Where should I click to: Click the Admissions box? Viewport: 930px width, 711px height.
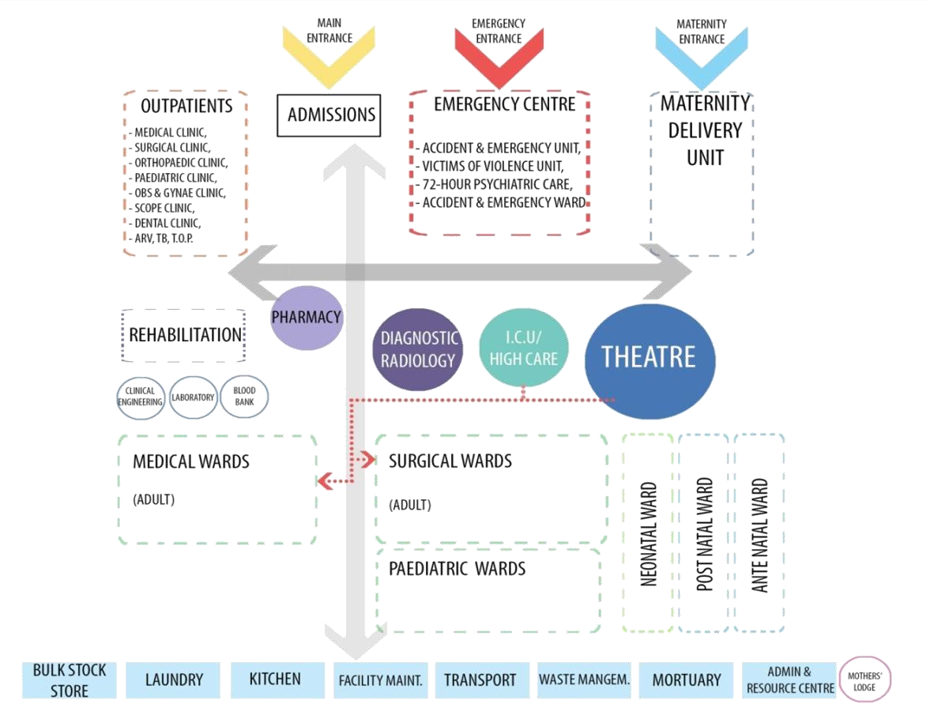click(x=329, y=115)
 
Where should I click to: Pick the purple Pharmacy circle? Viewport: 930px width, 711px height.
click(x=307, y=318)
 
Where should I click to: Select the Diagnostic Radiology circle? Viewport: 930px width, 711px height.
click(x=418, y=349)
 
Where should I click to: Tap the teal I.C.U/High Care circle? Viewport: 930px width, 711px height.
click(x=523, y=348)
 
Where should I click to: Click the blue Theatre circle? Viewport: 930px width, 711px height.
click(x=649, y=359)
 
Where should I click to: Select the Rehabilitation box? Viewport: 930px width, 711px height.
click(x=184, y=336)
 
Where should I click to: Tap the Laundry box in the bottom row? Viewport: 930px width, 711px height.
click(x=175, y=679)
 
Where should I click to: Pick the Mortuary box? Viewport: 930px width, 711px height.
click(x=686, y=679)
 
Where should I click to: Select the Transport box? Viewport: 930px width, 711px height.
click(x=480, y=679)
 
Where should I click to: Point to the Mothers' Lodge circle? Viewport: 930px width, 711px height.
click(x=865, y=680)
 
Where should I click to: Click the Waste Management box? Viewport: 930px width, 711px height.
click(x=585, y=679)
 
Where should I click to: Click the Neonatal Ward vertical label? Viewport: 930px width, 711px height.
click(x=649, y=533)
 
